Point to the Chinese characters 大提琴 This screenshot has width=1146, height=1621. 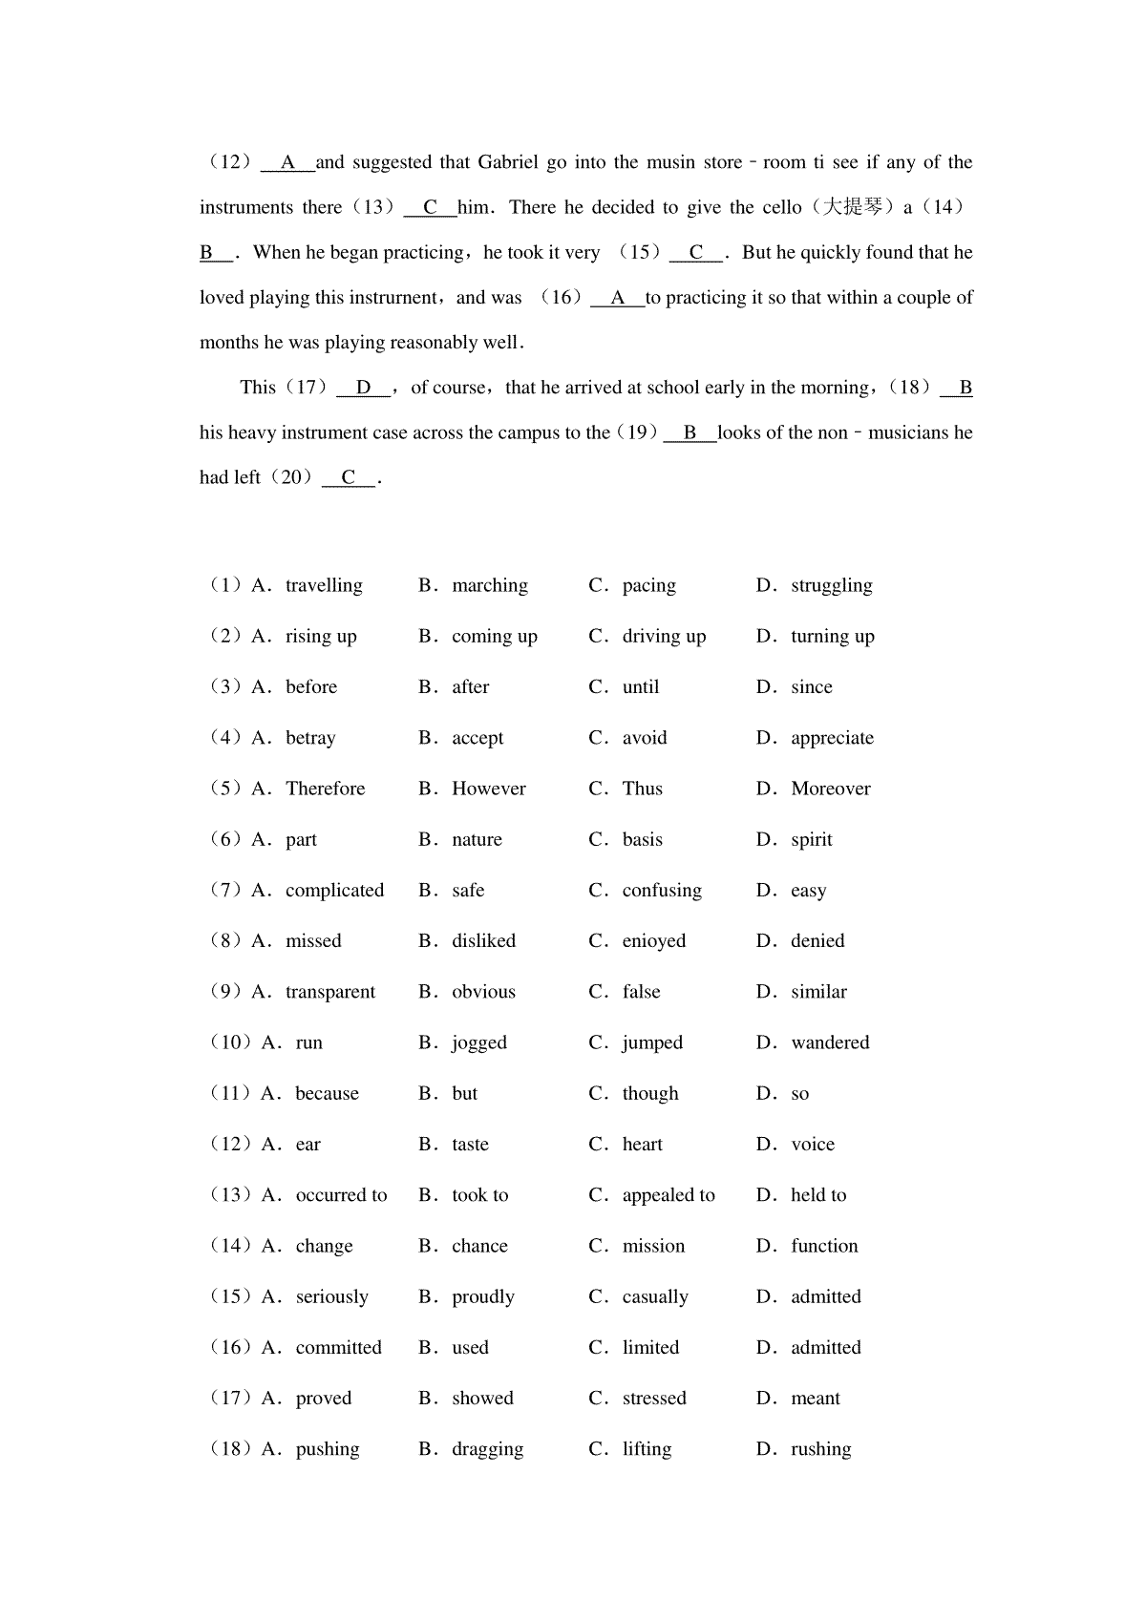[x=853, y=207]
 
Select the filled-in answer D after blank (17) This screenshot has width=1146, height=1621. [x=364, y=388]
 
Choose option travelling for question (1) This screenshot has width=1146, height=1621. [x=324, y=585]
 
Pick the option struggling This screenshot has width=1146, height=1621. [x=831, y=585]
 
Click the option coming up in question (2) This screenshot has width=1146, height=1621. [x=494, y=637]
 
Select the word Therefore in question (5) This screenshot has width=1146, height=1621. [x=325, y=789]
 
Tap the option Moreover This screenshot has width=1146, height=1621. [x=830, y=789]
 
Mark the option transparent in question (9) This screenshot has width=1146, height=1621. [x=329, y=992]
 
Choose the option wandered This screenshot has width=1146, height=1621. [x=830, y=1042]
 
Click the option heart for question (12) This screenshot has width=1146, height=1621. [x=642, y=1144]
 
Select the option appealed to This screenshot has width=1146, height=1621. [x=668, y=1195]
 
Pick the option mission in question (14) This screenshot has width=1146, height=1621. [x=653, y=1246]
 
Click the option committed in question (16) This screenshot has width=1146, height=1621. [x=338, y=1347]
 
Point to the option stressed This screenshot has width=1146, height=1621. [x=653, y=1398]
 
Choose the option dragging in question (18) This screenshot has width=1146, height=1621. [x=487, y=1449]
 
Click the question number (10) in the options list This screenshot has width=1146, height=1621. [x=230, y=1042]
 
